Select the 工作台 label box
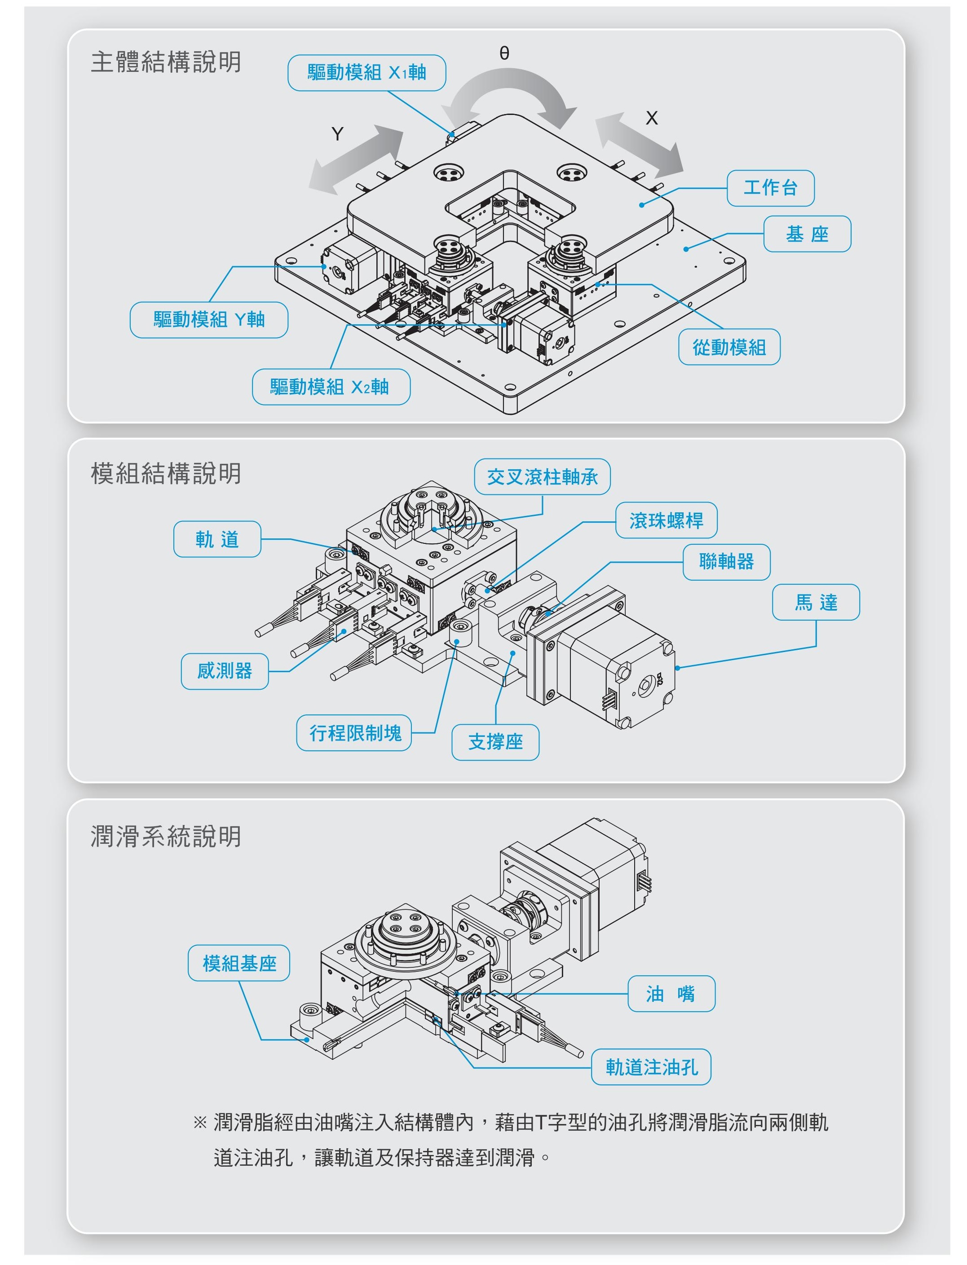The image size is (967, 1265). pos(770,188)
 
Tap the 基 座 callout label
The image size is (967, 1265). pos(807,234)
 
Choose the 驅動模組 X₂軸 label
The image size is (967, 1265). pos(331,387)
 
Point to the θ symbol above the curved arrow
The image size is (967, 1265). pos(504,53)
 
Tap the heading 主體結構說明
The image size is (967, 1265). pos(166,62)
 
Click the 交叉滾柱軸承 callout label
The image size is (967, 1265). pos(542,476)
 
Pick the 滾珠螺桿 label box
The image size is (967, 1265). pos(666,520)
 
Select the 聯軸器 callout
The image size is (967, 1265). pos(726,562)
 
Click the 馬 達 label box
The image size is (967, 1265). pos(816,602)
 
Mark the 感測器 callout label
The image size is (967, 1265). pos(225,671)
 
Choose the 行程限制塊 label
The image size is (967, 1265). pos(354,733)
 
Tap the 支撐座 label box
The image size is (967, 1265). pos(495,742)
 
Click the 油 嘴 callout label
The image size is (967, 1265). pos(671,993)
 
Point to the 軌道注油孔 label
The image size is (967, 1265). pos(651,1067)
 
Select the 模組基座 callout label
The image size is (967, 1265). pos(239,963)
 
